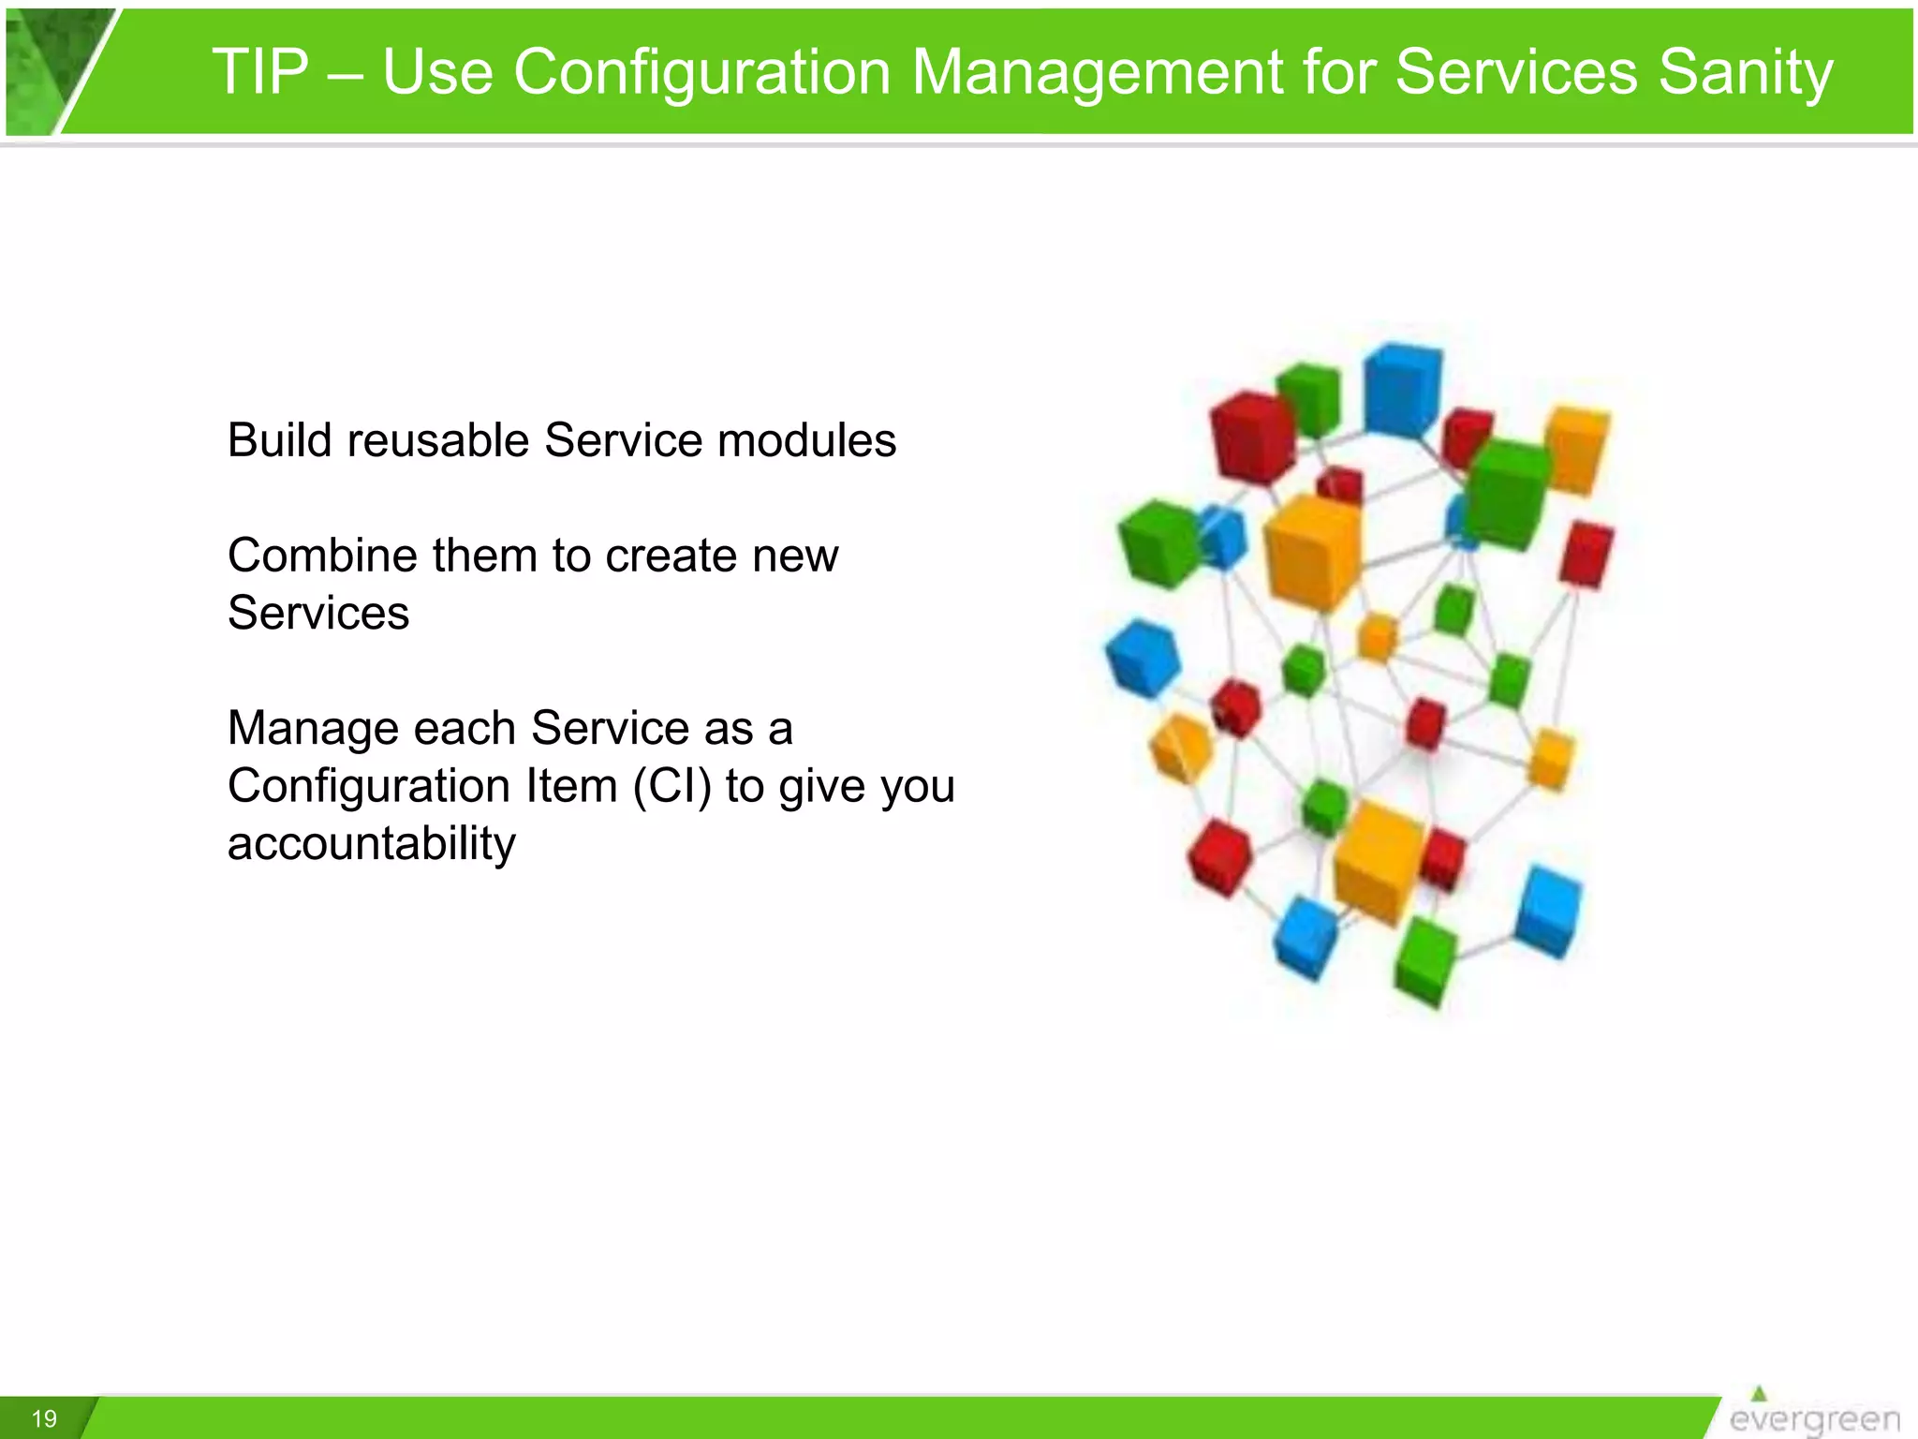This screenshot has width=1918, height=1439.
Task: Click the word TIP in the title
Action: [x=260, y=72]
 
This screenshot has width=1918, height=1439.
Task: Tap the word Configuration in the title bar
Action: [x=701, y=72]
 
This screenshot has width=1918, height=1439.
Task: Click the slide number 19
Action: [x=44, y=1418]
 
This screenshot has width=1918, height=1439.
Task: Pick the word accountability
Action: [x=371, y=843]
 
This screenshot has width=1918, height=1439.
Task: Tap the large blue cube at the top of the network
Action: [x=1401, y=389]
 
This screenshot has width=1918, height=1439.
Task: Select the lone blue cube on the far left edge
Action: [x=1142, y=658]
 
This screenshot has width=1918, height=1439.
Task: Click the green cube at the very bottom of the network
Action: [x=1424, y=961]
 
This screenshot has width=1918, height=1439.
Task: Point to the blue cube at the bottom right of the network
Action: [x=1548, y=911]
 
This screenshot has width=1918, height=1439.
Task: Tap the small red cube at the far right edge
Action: [x=1585, y=555]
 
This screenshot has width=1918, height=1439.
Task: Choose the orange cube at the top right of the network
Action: [x=1577, y=448]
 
